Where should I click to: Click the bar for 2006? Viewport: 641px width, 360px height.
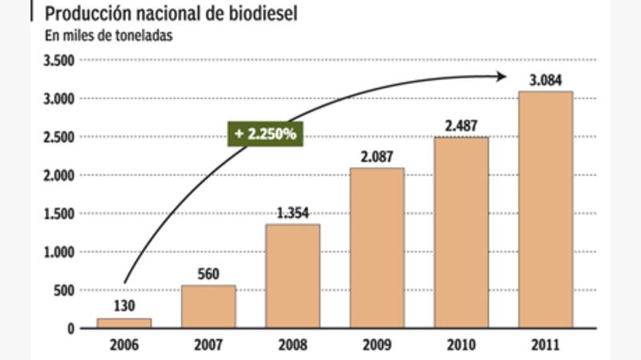124,323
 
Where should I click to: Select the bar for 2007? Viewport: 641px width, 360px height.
208,306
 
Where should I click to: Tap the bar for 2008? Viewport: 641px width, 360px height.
292,276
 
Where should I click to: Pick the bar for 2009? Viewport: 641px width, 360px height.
377,248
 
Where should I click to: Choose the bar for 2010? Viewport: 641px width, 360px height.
461,233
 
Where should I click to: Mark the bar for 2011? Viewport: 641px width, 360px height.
545,210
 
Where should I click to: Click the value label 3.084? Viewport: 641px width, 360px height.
545,80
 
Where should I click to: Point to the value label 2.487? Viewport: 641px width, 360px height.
461,126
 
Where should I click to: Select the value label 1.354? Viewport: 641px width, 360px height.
292,213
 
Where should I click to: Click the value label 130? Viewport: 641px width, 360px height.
124,306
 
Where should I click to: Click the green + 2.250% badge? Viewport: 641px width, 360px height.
264,134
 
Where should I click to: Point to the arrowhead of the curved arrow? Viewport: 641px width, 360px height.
502,76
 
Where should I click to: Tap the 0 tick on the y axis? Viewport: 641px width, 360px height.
71,329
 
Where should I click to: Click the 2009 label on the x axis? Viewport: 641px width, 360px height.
377,345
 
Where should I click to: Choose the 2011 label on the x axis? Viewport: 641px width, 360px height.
545,345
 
